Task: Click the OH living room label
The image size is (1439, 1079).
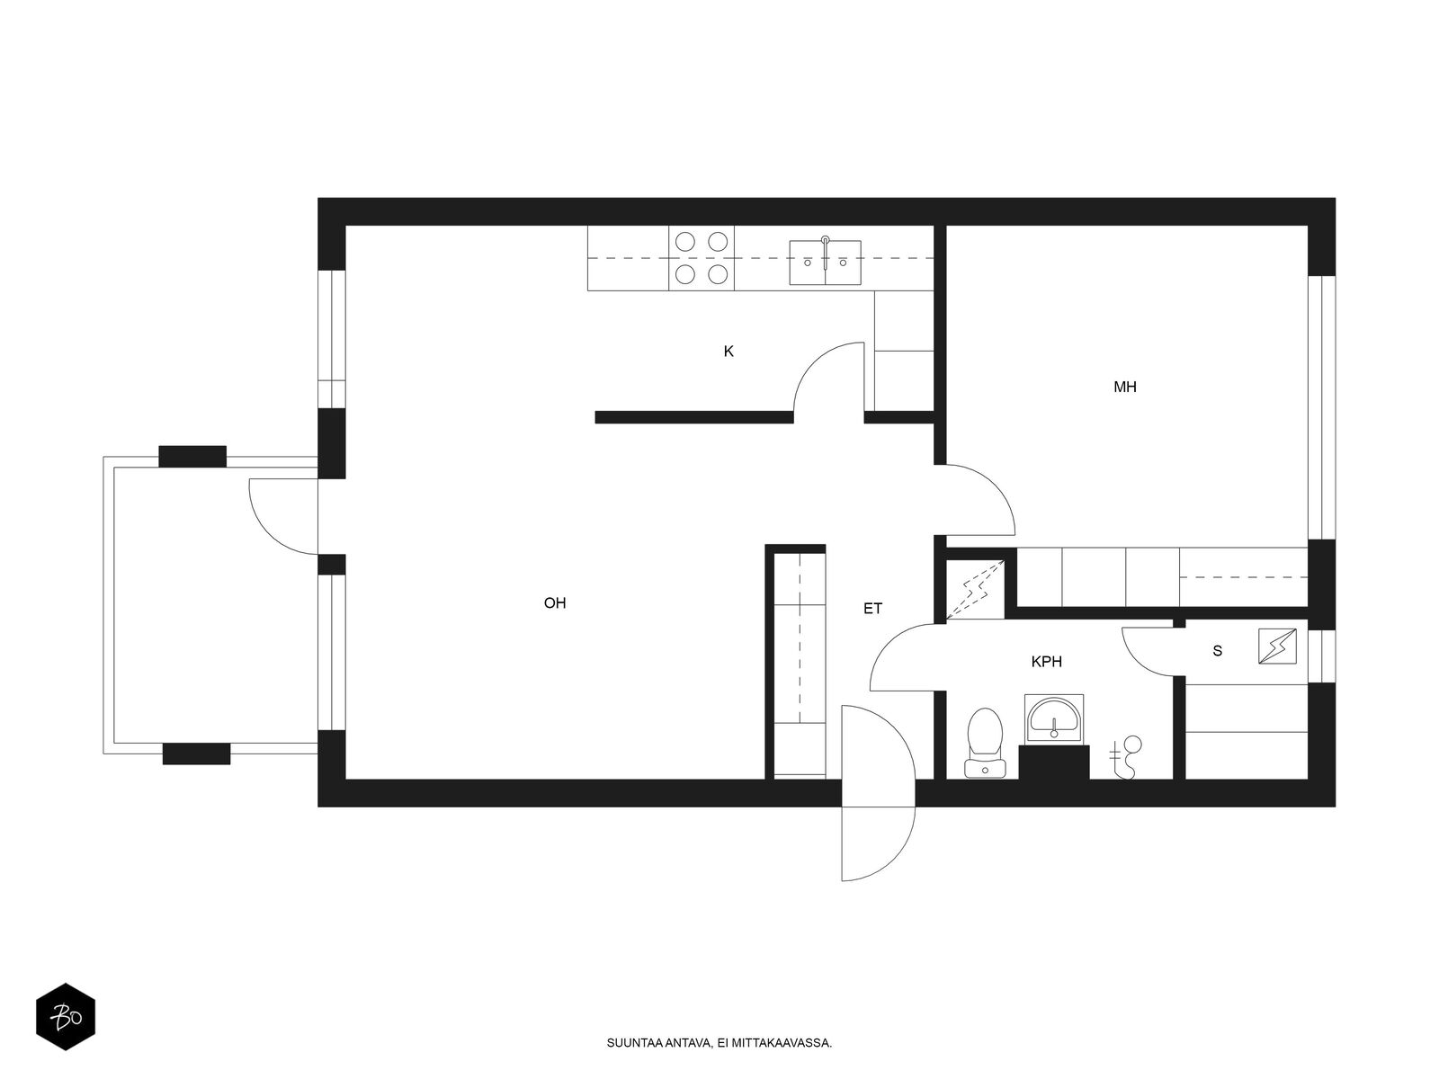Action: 555,602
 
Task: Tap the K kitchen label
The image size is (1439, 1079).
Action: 728,352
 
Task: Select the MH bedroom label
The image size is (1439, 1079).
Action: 1125,388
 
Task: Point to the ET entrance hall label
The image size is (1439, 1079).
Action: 872,609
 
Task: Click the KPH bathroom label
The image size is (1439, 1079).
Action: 1046,662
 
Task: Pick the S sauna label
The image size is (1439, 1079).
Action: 1218,650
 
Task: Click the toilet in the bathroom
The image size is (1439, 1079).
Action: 985,743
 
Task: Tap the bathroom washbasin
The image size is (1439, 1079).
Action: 1053,718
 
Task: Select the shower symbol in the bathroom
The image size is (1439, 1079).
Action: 1126,757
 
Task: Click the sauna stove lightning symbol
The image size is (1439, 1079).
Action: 1277,647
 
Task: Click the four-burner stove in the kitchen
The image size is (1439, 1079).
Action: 702,258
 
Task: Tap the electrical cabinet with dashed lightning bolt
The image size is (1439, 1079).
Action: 976,589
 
